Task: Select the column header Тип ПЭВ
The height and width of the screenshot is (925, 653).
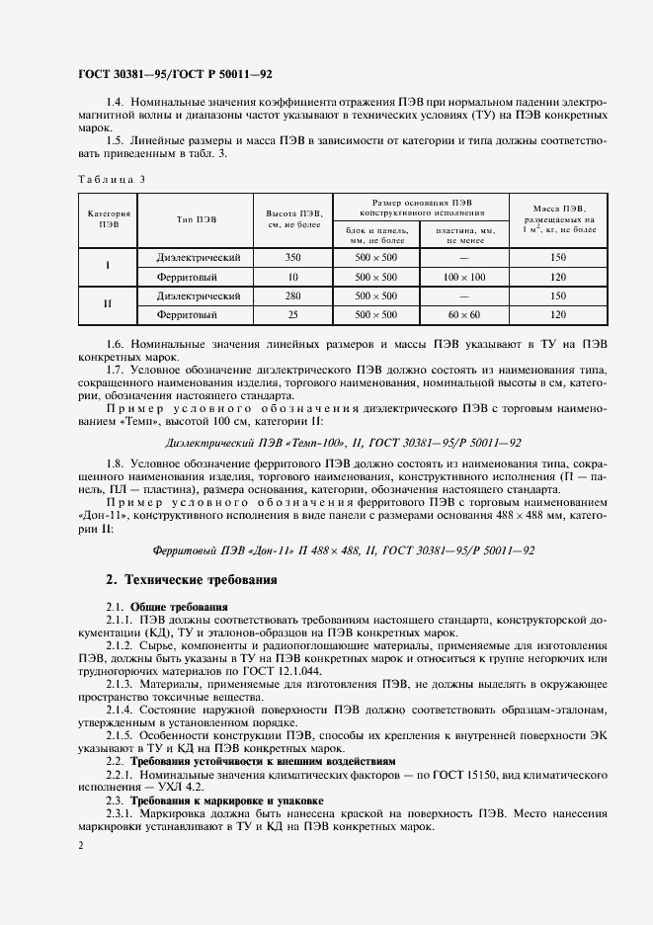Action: (198, 218)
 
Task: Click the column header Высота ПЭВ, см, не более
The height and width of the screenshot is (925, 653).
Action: (293, 218)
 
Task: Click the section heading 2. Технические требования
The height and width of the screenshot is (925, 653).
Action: (192, 579)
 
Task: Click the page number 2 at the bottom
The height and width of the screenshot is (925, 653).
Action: (79, 847)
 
